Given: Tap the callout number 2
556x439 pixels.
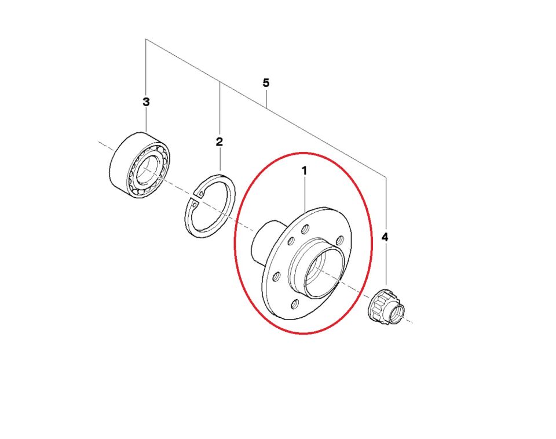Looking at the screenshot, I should click(x=219, y=142).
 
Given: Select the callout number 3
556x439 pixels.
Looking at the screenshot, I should click(x=146, y=102).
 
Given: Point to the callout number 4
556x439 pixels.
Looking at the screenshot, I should click(x=385, y=237).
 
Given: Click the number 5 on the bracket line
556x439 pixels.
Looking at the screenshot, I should click(x=266, y=83).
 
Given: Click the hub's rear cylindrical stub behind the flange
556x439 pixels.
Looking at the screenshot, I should click(x=261, y=244).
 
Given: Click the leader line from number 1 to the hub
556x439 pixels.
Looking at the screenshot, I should click(x=304, y=194).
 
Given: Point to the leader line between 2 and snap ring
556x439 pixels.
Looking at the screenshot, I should click(x=220, y=159).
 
